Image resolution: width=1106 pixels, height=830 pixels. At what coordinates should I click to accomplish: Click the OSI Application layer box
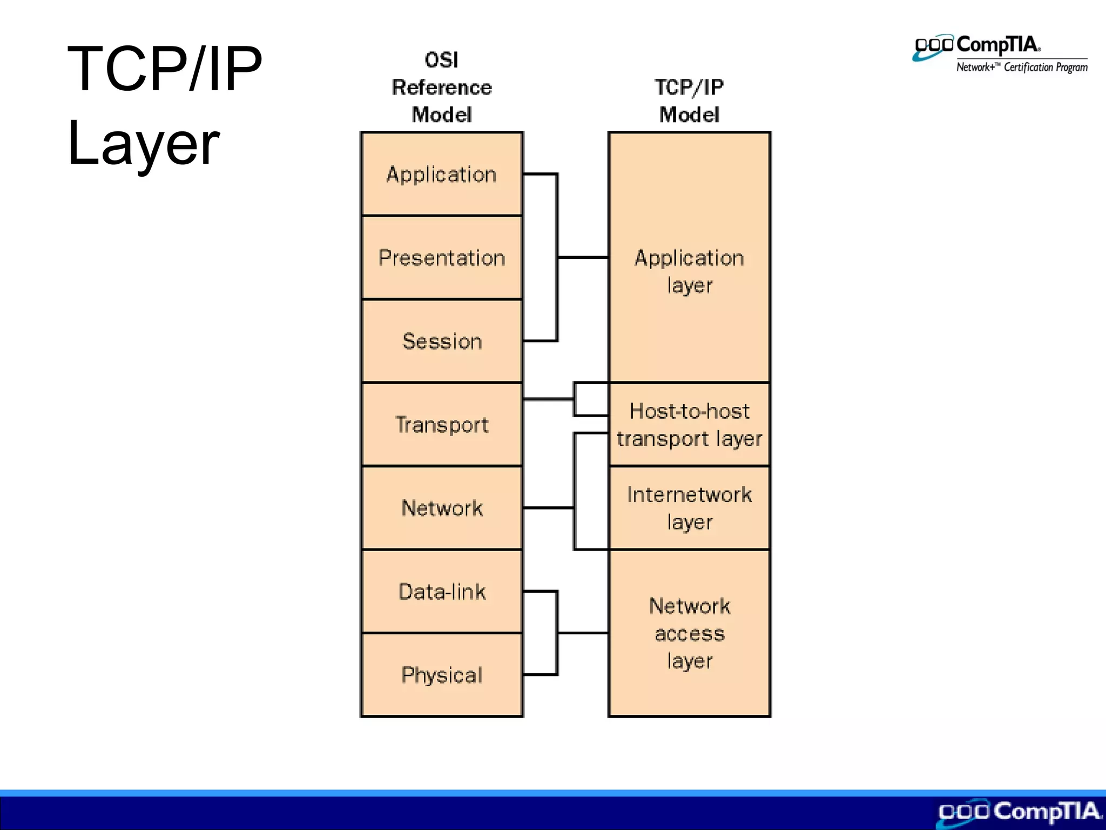(442, 174)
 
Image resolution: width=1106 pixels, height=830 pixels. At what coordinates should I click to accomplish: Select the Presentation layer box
(442, 258)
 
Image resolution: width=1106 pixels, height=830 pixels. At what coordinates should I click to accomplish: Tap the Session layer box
(442, 341)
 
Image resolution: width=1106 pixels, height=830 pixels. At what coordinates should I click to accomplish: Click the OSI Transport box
(442, 425)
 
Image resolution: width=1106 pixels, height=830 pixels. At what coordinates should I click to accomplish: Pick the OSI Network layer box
(442, 508)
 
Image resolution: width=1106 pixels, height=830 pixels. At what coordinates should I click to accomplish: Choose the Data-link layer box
(442, 592)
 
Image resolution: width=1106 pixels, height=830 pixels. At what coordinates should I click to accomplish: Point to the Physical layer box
(442, 675)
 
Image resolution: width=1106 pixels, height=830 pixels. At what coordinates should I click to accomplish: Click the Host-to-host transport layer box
(689, 425)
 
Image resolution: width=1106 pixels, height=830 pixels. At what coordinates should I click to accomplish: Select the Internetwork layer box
(689, 508)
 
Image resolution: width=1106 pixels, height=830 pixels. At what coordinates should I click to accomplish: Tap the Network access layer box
(689, 633)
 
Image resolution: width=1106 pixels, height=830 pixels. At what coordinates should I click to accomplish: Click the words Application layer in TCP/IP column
(689, 271)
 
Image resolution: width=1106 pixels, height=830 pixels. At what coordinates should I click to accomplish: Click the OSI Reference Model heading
(442, 88)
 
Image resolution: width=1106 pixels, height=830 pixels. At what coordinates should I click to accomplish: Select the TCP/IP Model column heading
(689, 101)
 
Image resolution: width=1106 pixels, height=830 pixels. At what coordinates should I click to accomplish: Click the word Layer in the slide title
(144, 143)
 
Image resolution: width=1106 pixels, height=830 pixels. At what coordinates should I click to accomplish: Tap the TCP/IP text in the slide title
(165, 69)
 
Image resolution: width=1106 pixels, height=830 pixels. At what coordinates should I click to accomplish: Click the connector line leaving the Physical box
(540, 675)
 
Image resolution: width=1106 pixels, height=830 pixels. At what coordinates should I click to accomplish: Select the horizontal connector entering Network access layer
(583, 633)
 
